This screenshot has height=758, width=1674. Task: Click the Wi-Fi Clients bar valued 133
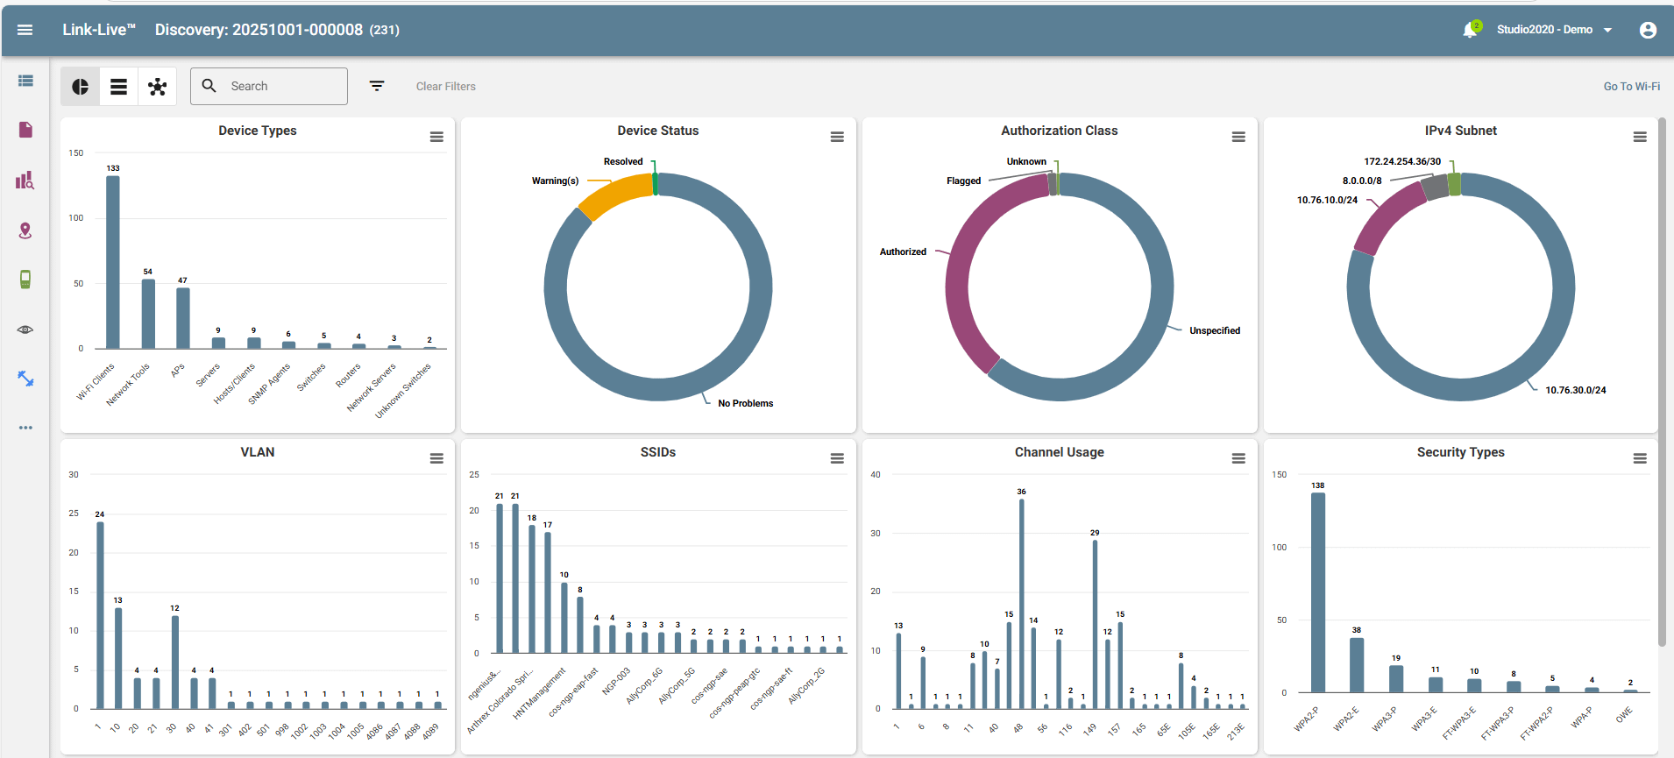pos(113,263)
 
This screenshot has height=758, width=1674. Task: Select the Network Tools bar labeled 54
pos(148,314)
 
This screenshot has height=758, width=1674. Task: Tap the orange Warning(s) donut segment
pos(614,195)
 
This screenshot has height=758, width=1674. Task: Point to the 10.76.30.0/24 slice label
pos(1575,390)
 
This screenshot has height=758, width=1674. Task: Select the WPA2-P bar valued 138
pos(1317,592)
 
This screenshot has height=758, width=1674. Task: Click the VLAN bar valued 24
pos(100,615)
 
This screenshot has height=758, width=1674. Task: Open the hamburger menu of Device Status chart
pos(837,137)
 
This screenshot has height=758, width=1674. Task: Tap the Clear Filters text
pos(445,86)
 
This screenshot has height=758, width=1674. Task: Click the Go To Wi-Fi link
pos(1631,86)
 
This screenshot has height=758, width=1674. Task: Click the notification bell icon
pos(1470,30)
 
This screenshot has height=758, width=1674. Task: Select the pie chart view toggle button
pos(80,86)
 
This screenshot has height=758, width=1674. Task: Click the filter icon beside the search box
pos(377,86)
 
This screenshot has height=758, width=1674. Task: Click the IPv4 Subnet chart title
pos(1460,131)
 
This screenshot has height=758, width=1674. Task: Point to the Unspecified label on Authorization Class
pos(1214,330)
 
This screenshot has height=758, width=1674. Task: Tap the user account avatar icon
pos(1648,30)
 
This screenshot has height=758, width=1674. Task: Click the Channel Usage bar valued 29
pos(1095,624)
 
